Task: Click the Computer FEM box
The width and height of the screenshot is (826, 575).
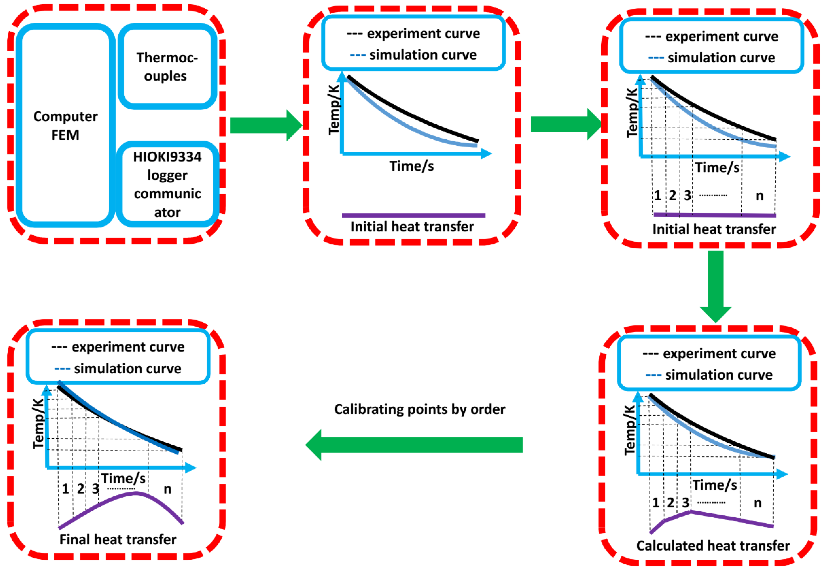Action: click(66, 125)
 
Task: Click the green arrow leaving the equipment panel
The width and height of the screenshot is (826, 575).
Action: click(266, 125)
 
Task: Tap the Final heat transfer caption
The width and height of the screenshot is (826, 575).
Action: click(118, 539)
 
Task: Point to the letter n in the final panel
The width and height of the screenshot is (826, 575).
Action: click(168, 489)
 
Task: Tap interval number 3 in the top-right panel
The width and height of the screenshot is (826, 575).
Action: click(688, 196)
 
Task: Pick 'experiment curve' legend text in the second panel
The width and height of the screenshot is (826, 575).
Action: click(423, 33)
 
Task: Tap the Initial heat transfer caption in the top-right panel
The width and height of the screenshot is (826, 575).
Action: click(714, 229)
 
